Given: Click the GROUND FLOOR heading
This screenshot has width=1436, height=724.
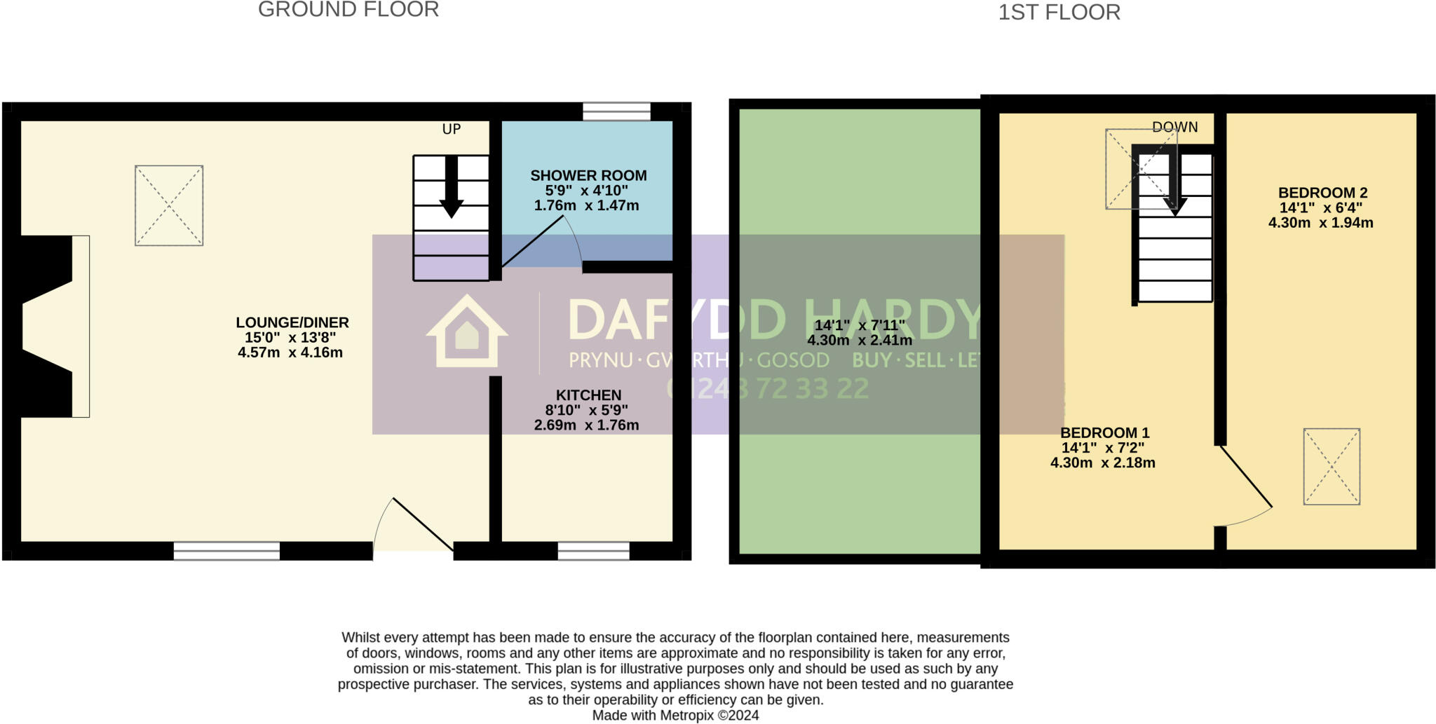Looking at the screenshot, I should point(348,10).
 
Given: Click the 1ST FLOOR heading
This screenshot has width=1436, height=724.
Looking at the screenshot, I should point(1059,13).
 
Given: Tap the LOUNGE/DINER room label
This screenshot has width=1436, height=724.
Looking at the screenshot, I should point(292,323).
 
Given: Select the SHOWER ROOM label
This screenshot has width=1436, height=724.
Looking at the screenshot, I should point(588,176).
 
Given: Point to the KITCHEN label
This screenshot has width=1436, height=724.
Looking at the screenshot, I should point(588,395).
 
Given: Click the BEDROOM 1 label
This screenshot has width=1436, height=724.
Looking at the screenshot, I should point(1104,433).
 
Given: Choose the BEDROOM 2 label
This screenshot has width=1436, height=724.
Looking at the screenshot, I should point(1322,193).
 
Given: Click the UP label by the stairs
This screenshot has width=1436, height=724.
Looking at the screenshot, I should point(452,129).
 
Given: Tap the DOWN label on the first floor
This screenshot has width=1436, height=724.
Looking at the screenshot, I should point(1174,127).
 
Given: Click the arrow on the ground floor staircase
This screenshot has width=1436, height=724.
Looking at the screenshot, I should point(452,187).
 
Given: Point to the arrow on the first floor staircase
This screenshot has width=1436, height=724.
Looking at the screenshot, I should point(1174,185).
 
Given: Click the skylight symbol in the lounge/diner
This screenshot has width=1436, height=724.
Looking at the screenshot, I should point(169,205).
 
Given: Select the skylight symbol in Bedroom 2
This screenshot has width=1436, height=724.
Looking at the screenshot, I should point(1332,466).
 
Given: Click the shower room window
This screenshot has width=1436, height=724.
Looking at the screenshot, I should point(616,111).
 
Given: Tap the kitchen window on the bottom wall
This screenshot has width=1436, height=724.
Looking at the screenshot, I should point(593,552).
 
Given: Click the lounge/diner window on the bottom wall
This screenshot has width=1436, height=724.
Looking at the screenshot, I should point(226,552).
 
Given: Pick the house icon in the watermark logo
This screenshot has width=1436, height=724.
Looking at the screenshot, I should point(467,332).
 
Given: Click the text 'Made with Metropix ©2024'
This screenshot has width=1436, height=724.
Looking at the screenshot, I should point(675,716).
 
